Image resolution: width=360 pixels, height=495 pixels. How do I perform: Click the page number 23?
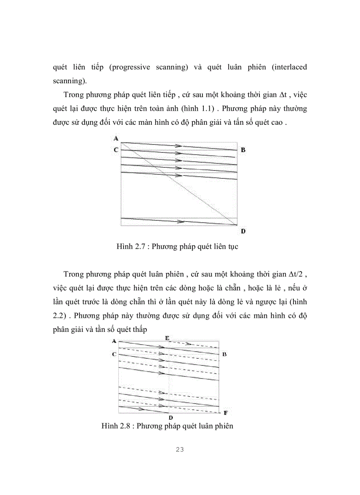click(180, 450)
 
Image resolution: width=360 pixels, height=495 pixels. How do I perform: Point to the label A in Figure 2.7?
click(116, 138)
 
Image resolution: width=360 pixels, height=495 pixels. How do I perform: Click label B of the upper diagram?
click(243, 150)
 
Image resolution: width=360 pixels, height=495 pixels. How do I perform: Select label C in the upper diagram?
click(116, 150)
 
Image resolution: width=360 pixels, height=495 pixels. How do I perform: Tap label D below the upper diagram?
click(243, 231)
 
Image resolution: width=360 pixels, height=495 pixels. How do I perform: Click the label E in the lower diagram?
click(167, 337)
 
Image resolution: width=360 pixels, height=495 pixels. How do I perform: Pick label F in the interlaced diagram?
click(225, 413)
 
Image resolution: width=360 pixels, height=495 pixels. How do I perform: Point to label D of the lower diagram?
click(170, 417)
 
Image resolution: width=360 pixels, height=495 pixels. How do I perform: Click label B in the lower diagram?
click(225, 354)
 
